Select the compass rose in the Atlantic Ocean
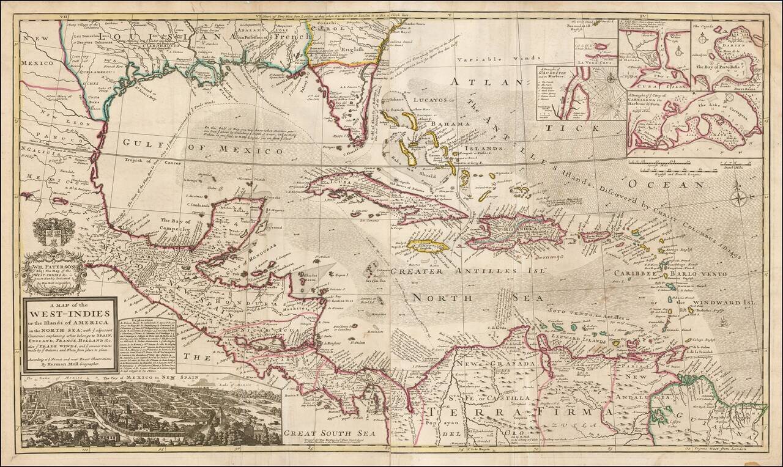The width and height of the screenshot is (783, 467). click(738, 199)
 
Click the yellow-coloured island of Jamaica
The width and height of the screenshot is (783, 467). click(428, 248)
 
